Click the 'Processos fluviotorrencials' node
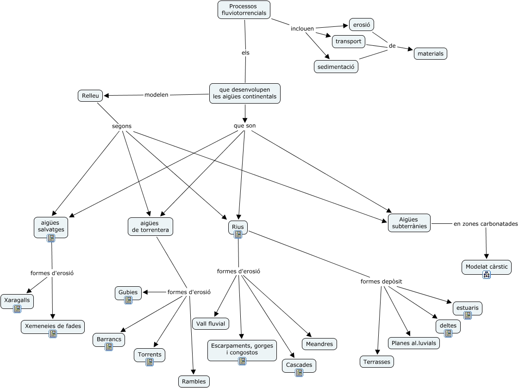coord(244,10)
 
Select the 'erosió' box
coord(361,25)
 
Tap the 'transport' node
coord(348,42)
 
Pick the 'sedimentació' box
coord(336,67)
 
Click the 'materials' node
coord(430,54)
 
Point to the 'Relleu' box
coord(90,96)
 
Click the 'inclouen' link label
coord(302,29)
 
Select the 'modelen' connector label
coord(156,95)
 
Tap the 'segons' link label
coord(122,126)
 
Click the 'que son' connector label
coord(244,125)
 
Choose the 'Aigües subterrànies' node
coord(409,223)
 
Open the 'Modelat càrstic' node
coord(486,267)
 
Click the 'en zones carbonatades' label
coord(485,224)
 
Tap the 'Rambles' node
coord(194,381)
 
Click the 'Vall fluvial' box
coord(211,324)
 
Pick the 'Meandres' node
coord(319,344)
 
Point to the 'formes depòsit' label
coord(381,281)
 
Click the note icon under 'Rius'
coord(238,234)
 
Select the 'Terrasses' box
coord(377,362)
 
